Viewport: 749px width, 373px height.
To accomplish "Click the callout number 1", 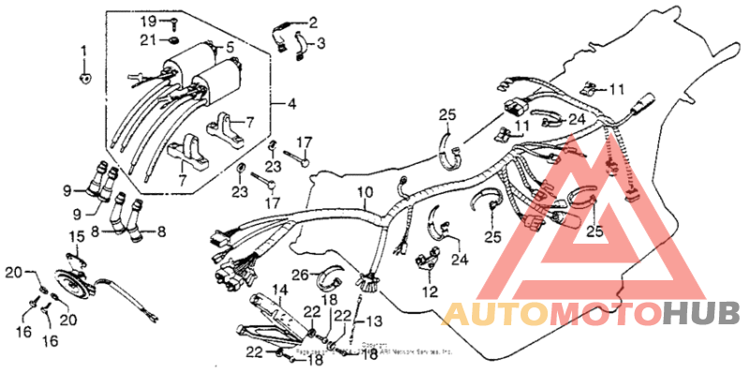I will (82, 49).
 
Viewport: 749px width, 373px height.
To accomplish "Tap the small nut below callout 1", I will (84, 78).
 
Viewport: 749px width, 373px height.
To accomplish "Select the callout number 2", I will (313, 22).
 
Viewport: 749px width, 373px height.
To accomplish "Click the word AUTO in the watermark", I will (494, 313).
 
